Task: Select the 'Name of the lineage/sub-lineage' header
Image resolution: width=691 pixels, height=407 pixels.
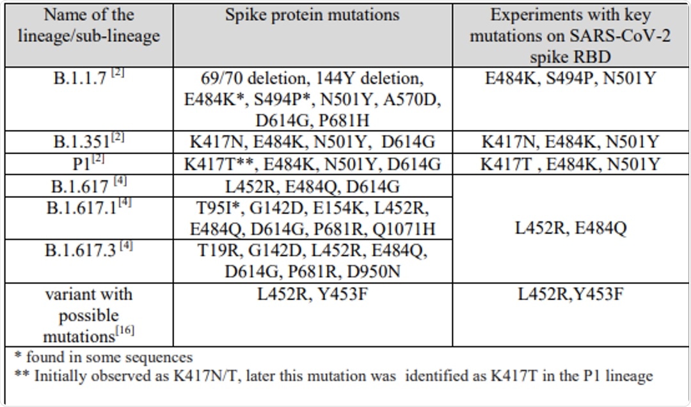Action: (x=88, y=26)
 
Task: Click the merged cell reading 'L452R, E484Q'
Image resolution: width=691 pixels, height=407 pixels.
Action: (x=571, y=228)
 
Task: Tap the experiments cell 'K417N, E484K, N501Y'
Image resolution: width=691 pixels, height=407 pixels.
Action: (x=571, y=142)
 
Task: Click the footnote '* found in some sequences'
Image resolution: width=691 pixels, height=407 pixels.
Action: (x=104, y=357)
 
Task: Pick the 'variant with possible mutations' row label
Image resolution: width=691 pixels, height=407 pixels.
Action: (x=88, y=315)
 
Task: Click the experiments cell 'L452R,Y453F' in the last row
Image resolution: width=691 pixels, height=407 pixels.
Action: (x=571, y=295)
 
